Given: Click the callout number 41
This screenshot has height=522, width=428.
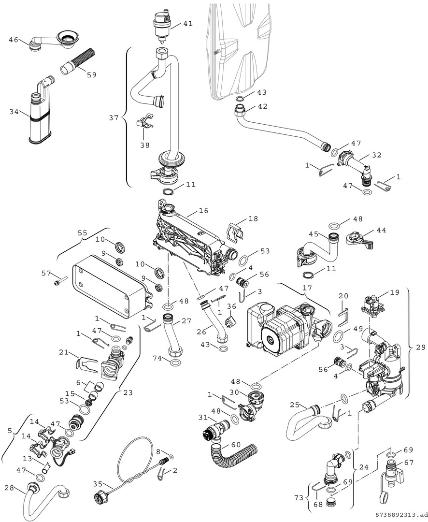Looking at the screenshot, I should [187, 23].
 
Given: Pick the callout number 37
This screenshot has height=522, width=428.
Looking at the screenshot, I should [113, 117].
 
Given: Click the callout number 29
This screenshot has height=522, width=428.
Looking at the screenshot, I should [420, 347].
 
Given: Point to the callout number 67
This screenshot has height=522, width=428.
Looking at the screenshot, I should [409, 463].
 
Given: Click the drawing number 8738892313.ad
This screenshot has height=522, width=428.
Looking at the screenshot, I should [400, 515].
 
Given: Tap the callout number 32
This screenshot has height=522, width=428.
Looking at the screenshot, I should [376, 156].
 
